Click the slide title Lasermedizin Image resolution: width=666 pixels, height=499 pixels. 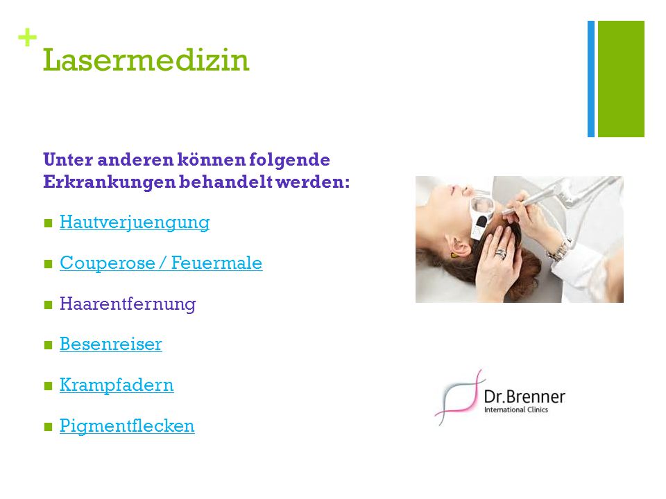[x=146, y=60]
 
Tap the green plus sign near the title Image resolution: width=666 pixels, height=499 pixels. [x=27, y=37]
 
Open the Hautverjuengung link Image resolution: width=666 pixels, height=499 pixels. [x=135, y=222]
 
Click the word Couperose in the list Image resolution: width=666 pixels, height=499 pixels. [x=108, y=263]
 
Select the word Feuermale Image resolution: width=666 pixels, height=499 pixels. [x=216, y=263]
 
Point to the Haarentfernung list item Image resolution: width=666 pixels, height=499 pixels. [x=128, y=304]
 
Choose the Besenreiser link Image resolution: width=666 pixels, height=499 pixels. [x=111, y=344]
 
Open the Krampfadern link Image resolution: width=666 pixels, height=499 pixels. [x=117, y=385]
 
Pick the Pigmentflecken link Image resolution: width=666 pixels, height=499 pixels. [x=127, y=426]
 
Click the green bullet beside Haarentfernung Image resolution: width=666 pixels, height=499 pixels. [x=48, y=305]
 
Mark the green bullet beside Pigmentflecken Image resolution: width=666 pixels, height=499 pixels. [x=48, y=426]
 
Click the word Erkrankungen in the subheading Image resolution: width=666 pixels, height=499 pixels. [x=109, y=182]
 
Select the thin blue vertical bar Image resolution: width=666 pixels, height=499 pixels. [x=591, y=79]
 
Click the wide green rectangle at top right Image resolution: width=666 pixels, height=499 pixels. [x=621, y=79]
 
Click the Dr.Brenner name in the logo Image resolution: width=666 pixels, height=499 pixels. [x=524, y=396]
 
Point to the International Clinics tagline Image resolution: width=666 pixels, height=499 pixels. [x=516, y=410]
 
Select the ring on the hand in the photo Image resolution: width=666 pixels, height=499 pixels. [x=501, y=254]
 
